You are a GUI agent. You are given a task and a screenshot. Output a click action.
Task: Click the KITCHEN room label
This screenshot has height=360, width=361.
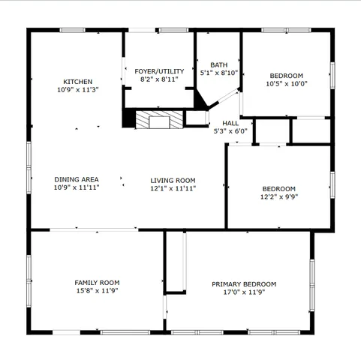(77, 81)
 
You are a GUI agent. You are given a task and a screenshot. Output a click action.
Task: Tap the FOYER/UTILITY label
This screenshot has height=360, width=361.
(159, 70)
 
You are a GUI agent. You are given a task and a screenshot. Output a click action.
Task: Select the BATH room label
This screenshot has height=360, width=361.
(219, 64)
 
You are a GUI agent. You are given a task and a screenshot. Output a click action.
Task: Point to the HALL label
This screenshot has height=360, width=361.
(230, 123)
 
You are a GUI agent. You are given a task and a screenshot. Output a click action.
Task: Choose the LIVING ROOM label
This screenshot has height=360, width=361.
(173, 180)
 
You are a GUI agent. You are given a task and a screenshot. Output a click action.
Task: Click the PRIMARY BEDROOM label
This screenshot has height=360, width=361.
(244, 284)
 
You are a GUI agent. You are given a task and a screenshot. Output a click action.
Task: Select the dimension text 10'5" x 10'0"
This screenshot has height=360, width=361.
(286, 84)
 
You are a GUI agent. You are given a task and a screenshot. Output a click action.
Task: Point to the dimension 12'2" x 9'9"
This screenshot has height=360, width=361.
(278, 197)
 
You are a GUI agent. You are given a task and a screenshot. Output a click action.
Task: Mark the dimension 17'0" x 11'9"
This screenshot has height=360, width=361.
(244, 292)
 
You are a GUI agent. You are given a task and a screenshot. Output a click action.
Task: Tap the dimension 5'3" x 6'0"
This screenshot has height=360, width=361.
(230, 131)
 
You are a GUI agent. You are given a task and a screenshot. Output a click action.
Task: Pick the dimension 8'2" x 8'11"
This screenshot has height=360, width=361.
(159, 79)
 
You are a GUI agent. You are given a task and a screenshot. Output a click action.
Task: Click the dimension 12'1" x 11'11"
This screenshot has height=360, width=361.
(173, 188)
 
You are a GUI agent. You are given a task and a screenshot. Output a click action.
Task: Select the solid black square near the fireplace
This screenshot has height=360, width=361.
(129, 118)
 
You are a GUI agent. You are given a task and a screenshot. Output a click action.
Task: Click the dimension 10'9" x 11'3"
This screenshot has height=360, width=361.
(77, 89)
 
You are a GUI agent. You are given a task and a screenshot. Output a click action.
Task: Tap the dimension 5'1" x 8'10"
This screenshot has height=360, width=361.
(219, 73)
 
